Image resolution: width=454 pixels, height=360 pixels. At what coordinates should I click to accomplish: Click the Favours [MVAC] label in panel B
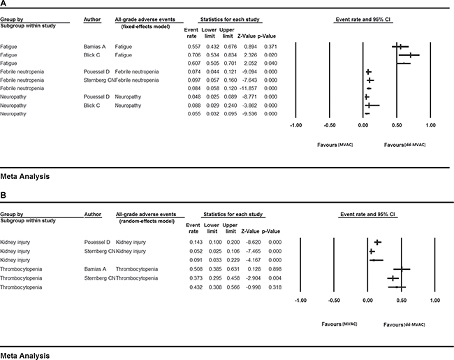339,325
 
